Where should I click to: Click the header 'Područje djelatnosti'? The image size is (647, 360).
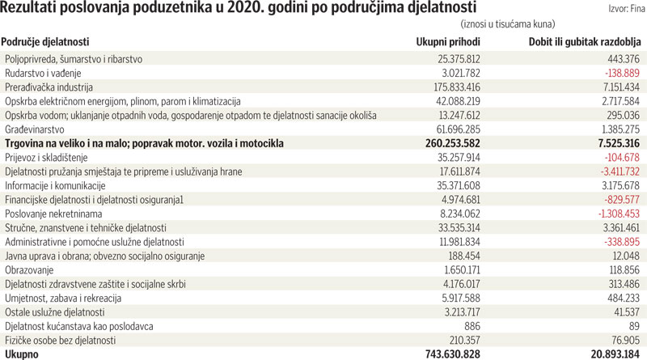click(x=45, y=41)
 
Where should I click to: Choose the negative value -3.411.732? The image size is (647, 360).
click(x=611, y=172)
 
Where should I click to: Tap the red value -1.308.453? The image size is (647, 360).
click(x=611, y=214)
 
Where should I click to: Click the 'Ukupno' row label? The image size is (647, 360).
click(x=22, y=354)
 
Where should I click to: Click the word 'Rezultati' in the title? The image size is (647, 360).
click(x=32, y=9)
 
